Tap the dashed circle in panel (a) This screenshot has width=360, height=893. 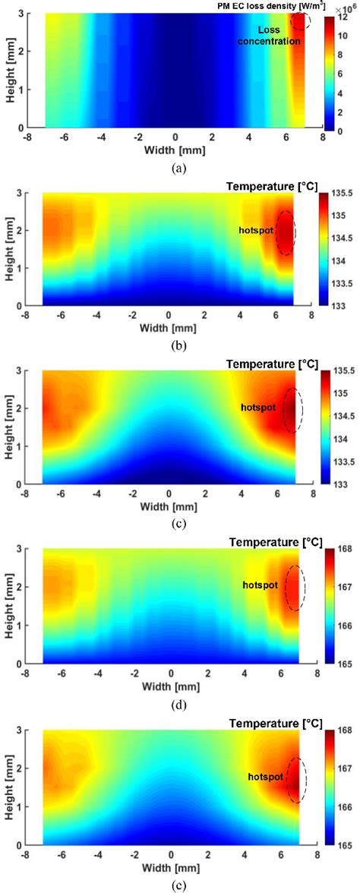click(x=301, y=20)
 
